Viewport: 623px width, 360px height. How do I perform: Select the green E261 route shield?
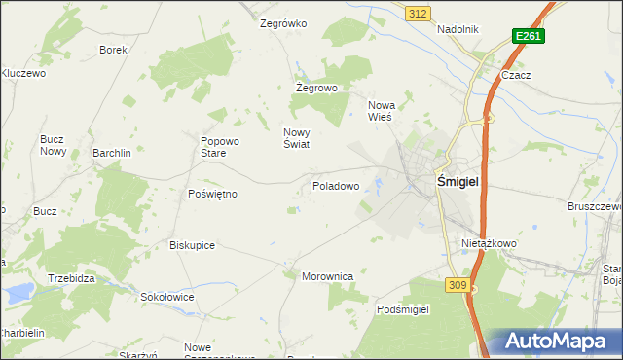(529, 36)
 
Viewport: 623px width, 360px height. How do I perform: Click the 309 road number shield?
(459, 284)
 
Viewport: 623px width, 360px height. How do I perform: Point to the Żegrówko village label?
(284, 22)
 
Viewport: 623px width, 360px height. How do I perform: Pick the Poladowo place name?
(336, 185)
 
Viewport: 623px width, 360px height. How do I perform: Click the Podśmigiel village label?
(403, 308)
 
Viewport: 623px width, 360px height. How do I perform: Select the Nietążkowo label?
(489, 243)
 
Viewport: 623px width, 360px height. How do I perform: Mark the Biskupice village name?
(192, 245)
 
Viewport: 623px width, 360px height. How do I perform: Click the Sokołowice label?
(167, 297)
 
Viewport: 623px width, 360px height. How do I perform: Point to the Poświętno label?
(212, 194)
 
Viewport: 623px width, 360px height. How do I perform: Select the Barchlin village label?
(112, 153)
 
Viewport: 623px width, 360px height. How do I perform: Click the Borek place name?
(114, 49)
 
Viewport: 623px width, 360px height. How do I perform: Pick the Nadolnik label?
(458, 29)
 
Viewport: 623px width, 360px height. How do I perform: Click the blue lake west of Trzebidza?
(17, 290)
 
